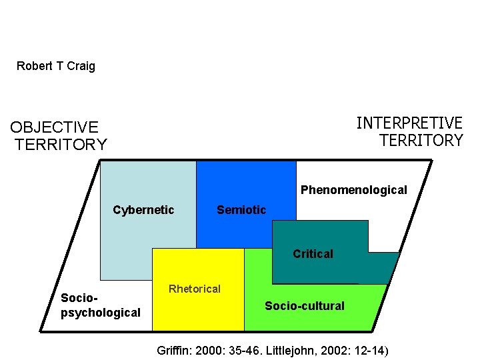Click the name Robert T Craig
tap(56, 66)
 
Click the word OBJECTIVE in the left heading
tap(54, 127)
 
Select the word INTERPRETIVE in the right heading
tap(409, 123)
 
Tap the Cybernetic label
tap(143, 211)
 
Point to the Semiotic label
tap(241, 211)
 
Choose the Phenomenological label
tap(353, 190)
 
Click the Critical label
tap(313, 254)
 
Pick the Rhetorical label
tap(195, 289)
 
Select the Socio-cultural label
tap(305, 306)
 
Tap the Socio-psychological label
tap(100, 305)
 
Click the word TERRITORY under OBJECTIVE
tap(61, 145)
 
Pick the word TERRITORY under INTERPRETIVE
tap(421, 141)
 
